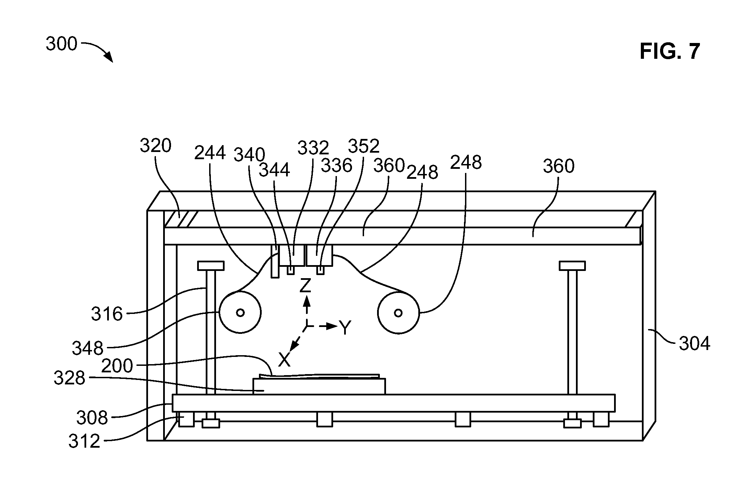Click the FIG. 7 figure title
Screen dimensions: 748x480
pyautogui.click(x=670, y=52)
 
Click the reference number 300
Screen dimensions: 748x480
pyautogui.click(x=61, y=45)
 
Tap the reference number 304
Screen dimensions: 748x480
pyautogui.click(x=694, y=343)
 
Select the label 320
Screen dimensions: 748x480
pyautogui.click(x=155, y=146)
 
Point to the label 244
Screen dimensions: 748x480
pyautogui.click(x=210, y=153)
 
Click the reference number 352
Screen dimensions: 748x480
pyautogui.click(x=364, y=146)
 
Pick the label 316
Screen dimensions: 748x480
pyautogui.click(x=107, y=314)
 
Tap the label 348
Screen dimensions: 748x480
pyautogui.click(x=88, y=348)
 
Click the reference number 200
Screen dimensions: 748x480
pyautogui.click(x=117, y=366)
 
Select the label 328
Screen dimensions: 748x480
pyautogui.click(x=69, y=378)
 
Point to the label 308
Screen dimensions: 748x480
pyautogui.click(x=92, y=418)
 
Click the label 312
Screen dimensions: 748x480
pyautogui.click(x=84, y=441)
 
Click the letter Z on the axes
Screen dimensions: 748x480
pyautogui.click(x=305, y=285)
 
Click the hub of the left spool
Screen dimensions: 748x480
pyautogui.click(x=240, y=313)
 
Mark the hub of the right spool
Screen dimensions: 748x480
pyautogui.click(x=398, y=313)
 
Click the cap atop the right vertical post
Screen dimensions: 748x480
pyautogui.click(x=572, y=266)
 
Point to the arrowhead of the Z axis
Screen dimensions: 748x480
pyautogui.click(x=307, y=302)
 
